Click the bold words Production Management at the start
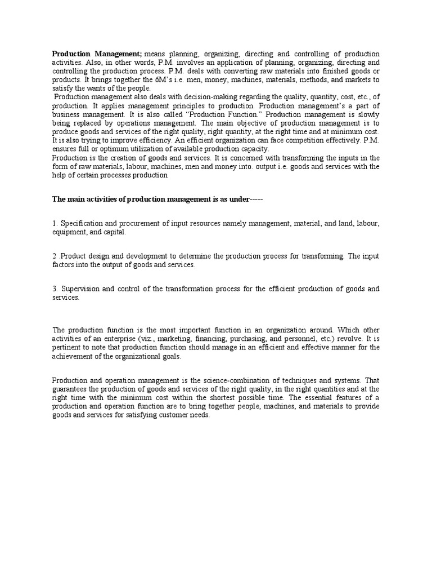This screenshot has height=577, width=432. click(x=97, y=53)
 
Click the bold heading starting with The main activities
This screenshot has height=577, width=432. click(x=157, y=199)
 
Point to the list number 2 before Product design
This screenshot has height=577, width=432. click(x=55, y=256)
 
